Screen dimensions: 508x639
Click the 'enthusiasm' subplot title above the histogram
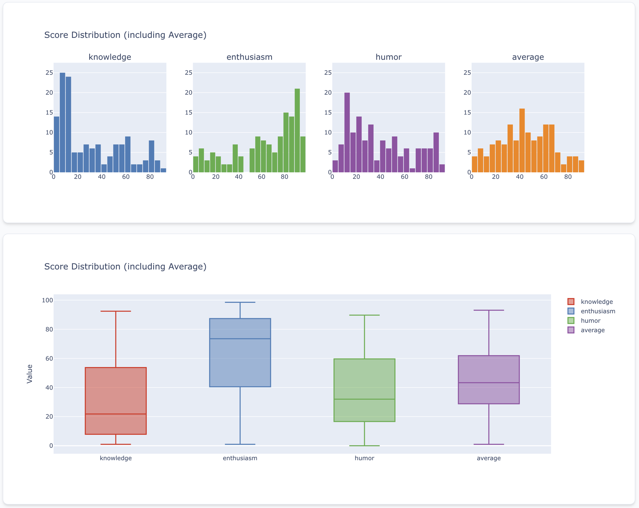click(x=249, y=57)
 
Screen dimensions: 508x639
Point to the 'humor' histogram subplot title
click(x=388, y=57)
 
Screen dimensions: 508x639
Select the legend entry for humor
click(x=590, y=320)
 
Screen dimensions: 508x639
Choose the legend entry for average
click(x=592, y=330)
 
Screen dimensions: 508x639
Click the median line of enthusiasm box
click(x=240, y=338)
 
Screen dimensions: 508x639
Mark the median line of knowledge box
click(x=115, y=414)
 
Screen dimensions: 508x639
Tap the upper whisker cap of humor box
click(x=364, y=315)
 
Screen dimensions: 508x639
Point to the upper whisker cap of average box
click(x=489, y=310)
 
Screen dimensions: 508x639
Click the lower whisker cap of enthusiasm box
click(x=240, y=444)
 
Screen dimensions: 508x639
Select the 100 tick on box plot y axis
click(x=47, y=300)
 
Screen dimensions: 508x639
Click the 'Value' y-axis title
click(x=30, y=374)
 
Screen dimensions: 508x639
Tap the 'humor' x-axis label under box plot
click(x=364, y=458)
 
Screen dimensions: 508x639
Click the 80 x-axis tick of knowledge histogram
click(x=150, y=177)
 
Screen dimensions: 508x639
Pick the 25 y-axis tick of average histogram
click(x=467, y=72)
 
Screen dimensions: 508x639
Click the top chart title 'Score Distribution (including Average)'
click(x=125, y=35)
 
